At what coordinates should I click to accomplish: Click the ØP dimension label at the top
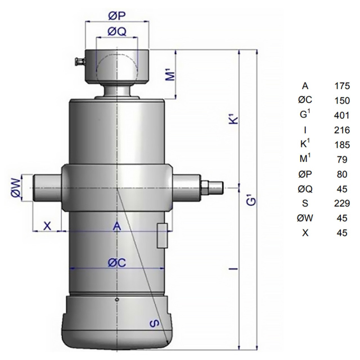116,16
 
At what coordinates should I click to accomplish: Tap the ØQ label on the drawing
117,31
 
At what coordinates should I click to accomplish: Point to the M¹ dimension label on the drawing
170,73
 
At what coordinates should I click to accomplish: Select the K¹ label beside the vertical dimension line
234,118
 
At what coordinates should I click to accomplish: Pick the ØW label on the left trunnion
16,188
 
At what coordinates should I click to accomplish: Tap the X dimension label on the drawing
47,226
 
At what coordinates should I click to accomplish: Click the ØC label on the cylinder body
117,263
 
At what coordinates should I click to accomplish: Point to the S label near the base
154,324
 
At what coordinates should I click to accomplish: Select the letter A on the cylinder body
117,226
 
